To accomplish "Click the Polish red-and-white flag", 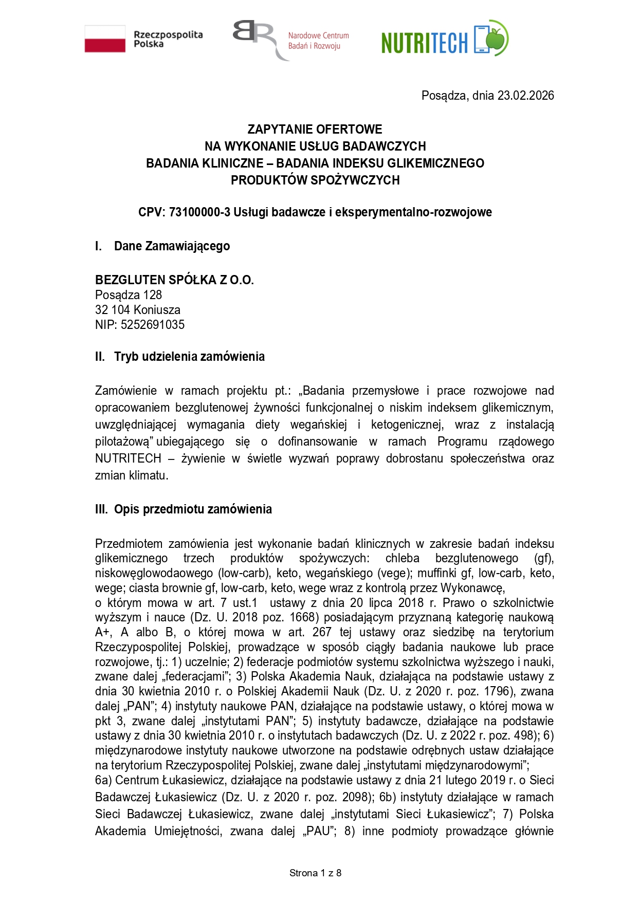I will click(105, 39).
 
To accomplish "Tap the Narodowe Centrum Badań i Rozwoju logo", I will click(291, 40).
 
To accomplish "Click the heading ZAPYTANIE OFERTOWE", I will click(315, 130).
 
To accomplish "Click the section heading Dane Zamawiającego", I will click(172, 246).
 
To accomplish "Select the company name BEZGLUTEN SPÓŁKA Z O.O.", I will click(174, 280).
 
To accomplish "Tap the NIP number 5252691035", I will click(153, 325).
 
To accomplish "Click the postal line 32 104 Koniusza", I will click(138, 310).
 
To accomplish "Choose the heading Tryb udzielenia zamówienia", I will click(189, 357).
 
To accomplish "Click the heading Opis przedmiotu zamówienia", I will click(193, 509).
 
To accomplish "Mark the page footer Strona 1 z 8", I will click(315, 873).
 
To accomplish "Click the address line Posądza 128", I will click(129, 295).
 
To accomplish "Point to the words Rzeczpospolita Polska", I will click(168, 40).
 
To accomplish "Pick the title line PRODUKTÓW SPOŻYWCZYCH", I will click(315, 180).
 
